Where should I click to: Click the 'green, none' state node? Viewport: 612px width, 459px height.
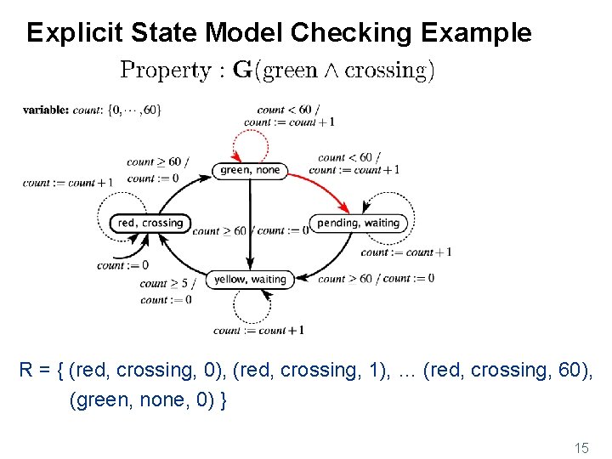point(249,170)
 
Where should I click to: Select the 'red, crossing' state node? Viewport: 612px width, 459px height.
point(150,223)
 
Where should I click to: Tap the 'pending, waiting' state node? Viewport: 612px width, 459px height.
point(358,223)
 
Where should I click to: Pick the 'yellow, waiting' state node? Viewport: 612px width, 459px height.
point(250,279)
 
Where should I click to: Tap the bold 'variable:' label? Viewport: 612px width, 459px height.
point(46,110)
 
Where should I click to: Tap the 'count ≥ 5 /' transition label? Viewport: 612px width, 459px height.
point(167,283)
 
